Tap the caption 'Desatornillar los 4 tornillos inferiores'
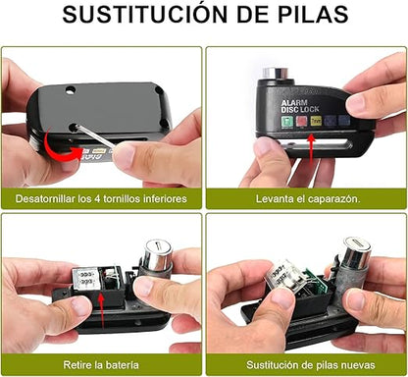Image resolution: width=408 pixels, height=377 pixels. coord(102,198)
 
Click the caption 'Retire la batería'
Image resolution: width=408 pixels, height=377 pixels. coord(102,365)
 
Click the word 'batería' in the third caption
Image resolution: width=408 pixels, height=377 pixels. coord(124,365)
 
